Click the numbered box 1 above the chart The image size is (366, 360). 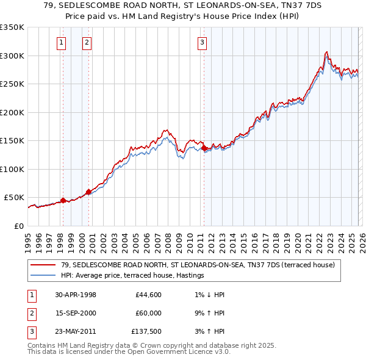pos(62,43)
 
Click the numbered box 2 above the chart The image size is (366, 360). pos(87,43)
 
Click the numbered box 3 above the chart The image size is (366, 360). pos(202,43)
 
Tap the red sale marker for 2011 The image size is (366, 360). pos(204,148)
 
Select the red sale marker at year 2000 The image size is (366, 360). pos(88,192)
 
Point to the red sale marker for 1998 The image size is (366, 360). pos(63,200)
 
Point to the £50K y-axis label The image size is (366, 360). pos(13,198)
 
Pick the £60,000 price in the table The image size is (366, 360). pos(148,312)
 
